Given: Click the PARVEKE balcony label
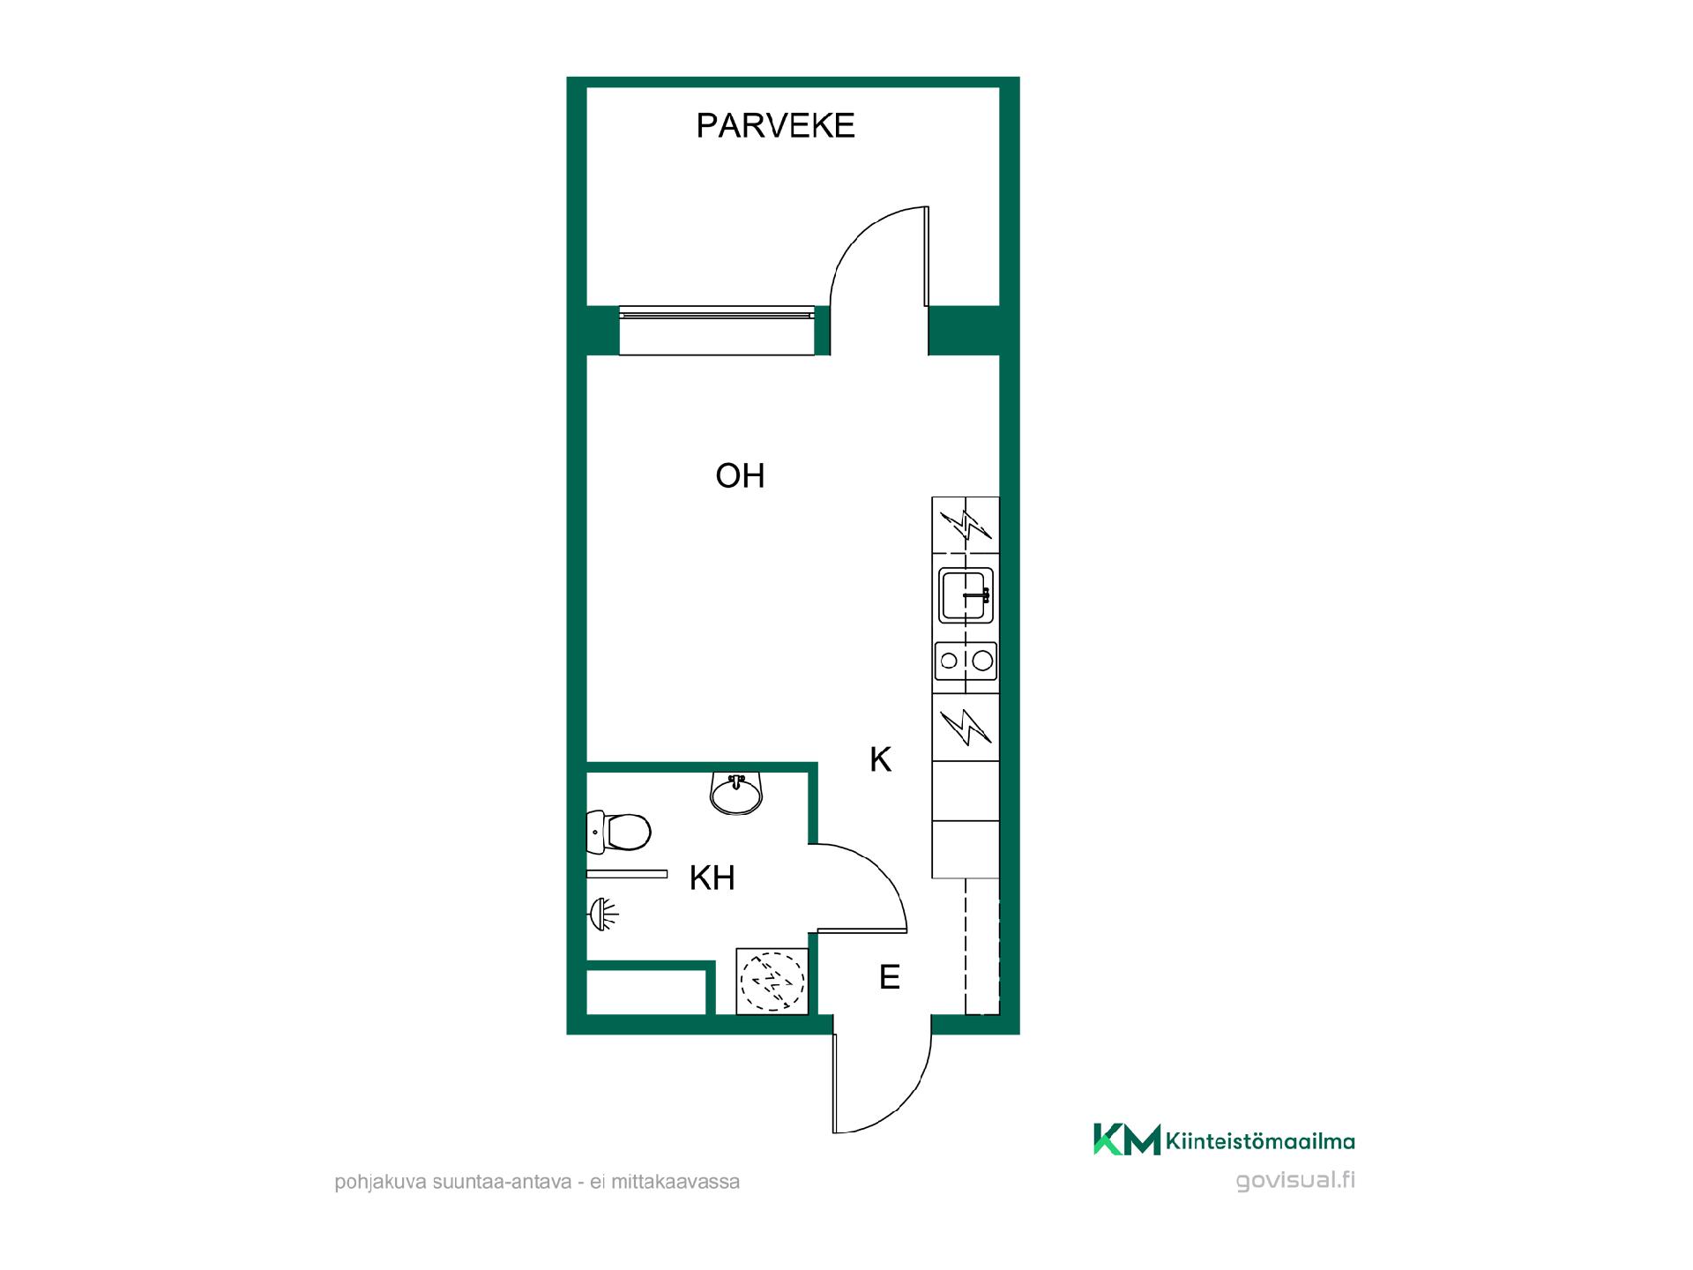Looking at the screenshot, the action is pyautogui.click(x=775, y=126).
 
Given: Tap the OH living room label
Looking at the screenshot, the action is pyautogui.click(x=740, y=476).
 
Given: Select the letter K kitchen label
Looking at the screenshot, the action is pyautogui.click(x=880, y=759).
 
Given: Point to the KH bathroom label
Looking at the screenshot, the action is pyautogui.click(x=712, y=878).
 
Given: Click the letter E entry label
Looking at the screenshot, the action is pyautogui.click(x=889, y=977).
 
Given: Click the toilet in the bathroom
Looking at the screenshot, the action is pyautogui.click(x=618, y=832).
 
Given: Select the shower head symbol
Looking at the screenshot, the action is pyautogui.click(x=604, y=914).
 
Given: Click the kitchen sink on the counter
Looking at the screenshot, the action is pyautogui.click(x=966, y=595).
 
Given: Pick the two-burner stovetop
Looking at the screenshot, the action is pyautogui.click(x=966, y=661).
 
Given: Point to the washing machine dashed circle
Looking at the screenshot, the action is pyautogui.click(x=772, y=980).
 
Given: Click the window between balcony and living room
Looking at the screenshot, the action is pyautogui.click(x=717, y=330).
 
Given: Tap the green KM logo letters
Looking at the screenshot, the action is pyautogui.click(x=1127, y=1139).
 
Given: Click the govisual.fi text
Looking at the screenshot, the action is pyautogui.click(x=1295, y=1180).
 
